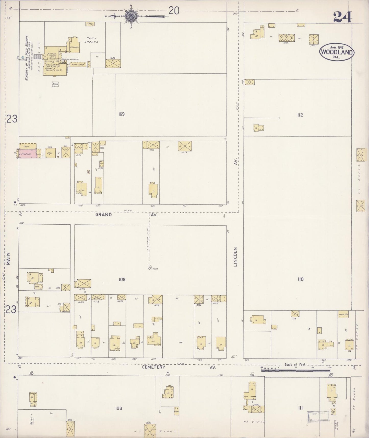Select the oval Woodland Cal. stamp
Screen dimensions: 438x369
click(337, 52)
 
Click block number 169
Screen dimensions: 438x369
click(121, 114)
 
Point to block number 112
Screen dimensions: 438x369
click(300, 115)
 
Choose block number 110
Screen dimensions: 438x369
click(300, 279)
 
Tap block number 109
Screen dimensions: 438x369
click(122, 280)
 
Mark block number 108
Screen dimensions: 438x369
click(118, 408)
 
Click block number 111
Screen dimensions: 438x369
click(300, 408)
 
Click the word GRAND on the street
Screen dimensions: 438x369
click(103, 215)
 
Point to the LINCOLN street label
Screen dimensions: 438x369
click(235, 257)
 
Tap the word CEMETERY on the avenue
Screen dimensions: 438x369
click(154, 367)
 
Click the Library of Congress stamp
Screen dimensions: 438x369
click(318, 417)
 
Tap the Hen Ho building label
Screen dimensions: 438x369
click(343, 315)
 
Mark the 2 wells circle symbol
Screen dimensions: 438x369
click(150, 267)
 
